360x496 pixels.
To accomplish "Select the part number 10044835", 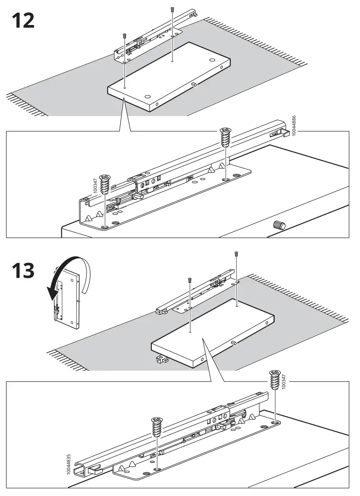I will (69, 465).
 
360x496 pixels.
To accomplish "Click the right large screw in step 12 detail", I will (225, 137).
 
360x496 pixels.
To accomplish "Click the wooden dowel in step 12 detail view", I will (279, 225).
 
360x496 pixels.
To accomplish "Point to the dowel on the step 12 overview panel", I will (194, 84).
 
